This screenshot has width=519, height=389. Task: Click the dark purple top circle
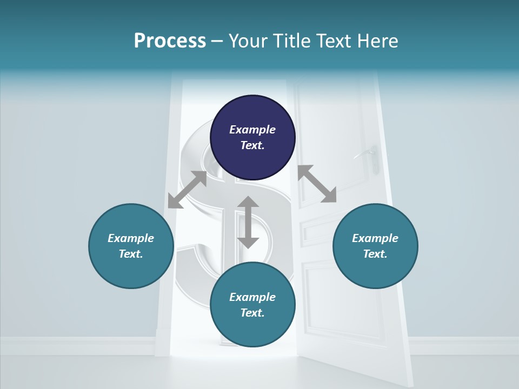pos(252,138)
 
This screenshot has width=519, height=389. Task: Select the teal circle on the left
pos(131,246)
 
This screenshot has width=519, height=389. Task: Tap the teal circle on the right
pos(375,246)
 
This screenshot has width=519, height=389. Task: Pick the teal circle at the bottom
pos(252,305)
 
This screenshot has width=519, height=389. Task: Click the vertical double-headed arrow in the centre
pos(248,222)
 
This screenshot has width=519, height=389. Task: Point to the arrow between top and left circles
pos(187,190)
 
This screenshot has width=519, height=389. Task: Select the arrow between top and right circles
pos(317,184)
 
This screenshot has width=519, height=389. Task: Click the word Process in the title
pos(170,41)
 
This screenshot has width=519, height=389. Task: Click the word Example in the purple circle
pos(252,130)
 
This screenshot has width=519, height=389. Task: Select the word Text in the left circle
pos(131,254)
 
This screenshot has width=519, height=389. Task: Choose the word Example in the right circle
pos(375,238)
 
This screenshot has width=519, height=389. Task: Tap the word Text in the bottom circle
pos(252,313)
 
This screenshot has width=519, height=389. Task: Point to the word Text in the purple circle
pos(252,146)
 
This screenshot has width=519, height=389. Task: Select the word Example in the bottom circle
pos(252,297)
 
